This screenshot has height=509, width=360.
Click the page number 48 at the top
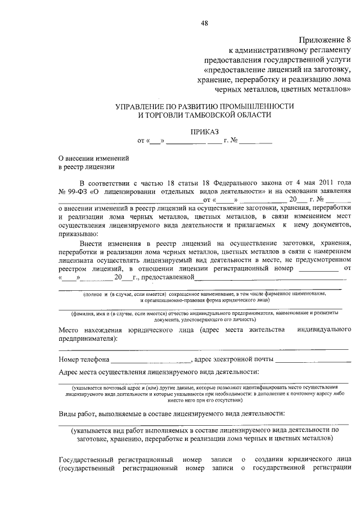204,23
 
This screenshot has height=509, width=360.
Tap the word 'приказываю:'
78,233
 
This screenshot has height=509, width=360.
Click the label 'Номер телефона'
84,359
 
